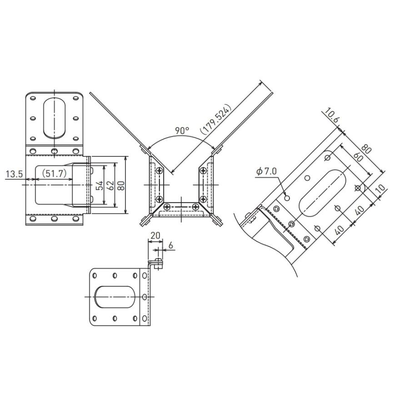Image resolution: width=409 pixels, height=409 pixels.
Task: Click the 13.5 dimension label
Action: pos(14,174)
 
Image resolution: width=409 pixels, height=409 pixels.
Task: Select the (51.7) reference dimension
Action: pos(54,174)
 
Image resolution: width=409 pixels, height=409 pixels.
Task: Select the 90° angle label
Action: pos(182,130)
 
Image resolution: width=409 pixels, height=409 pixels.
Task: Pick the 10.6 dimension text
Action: pos(330,117)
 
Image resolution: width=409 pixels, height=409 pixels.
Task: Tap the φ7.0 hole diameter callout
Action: pos(266,171)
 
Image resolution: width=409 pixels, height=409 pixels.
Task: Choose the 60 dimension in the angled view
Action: pos(358,157)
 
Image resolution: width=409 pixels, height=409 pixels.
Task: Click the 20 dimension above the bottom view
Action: pos(155,235)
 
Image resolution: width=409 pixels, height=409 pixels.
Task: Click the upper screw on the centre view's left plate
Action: pos(159,170)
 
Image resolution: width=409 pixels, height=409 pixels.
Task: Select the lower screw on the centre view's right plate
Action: pos(202,200)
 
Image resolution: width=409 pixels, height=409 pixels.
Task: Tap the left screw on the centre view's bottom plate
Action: pos(168,207)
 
